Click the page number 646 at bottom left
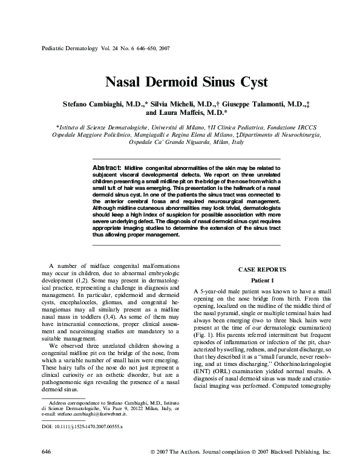pyautogui.click(x=45, y=452)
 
